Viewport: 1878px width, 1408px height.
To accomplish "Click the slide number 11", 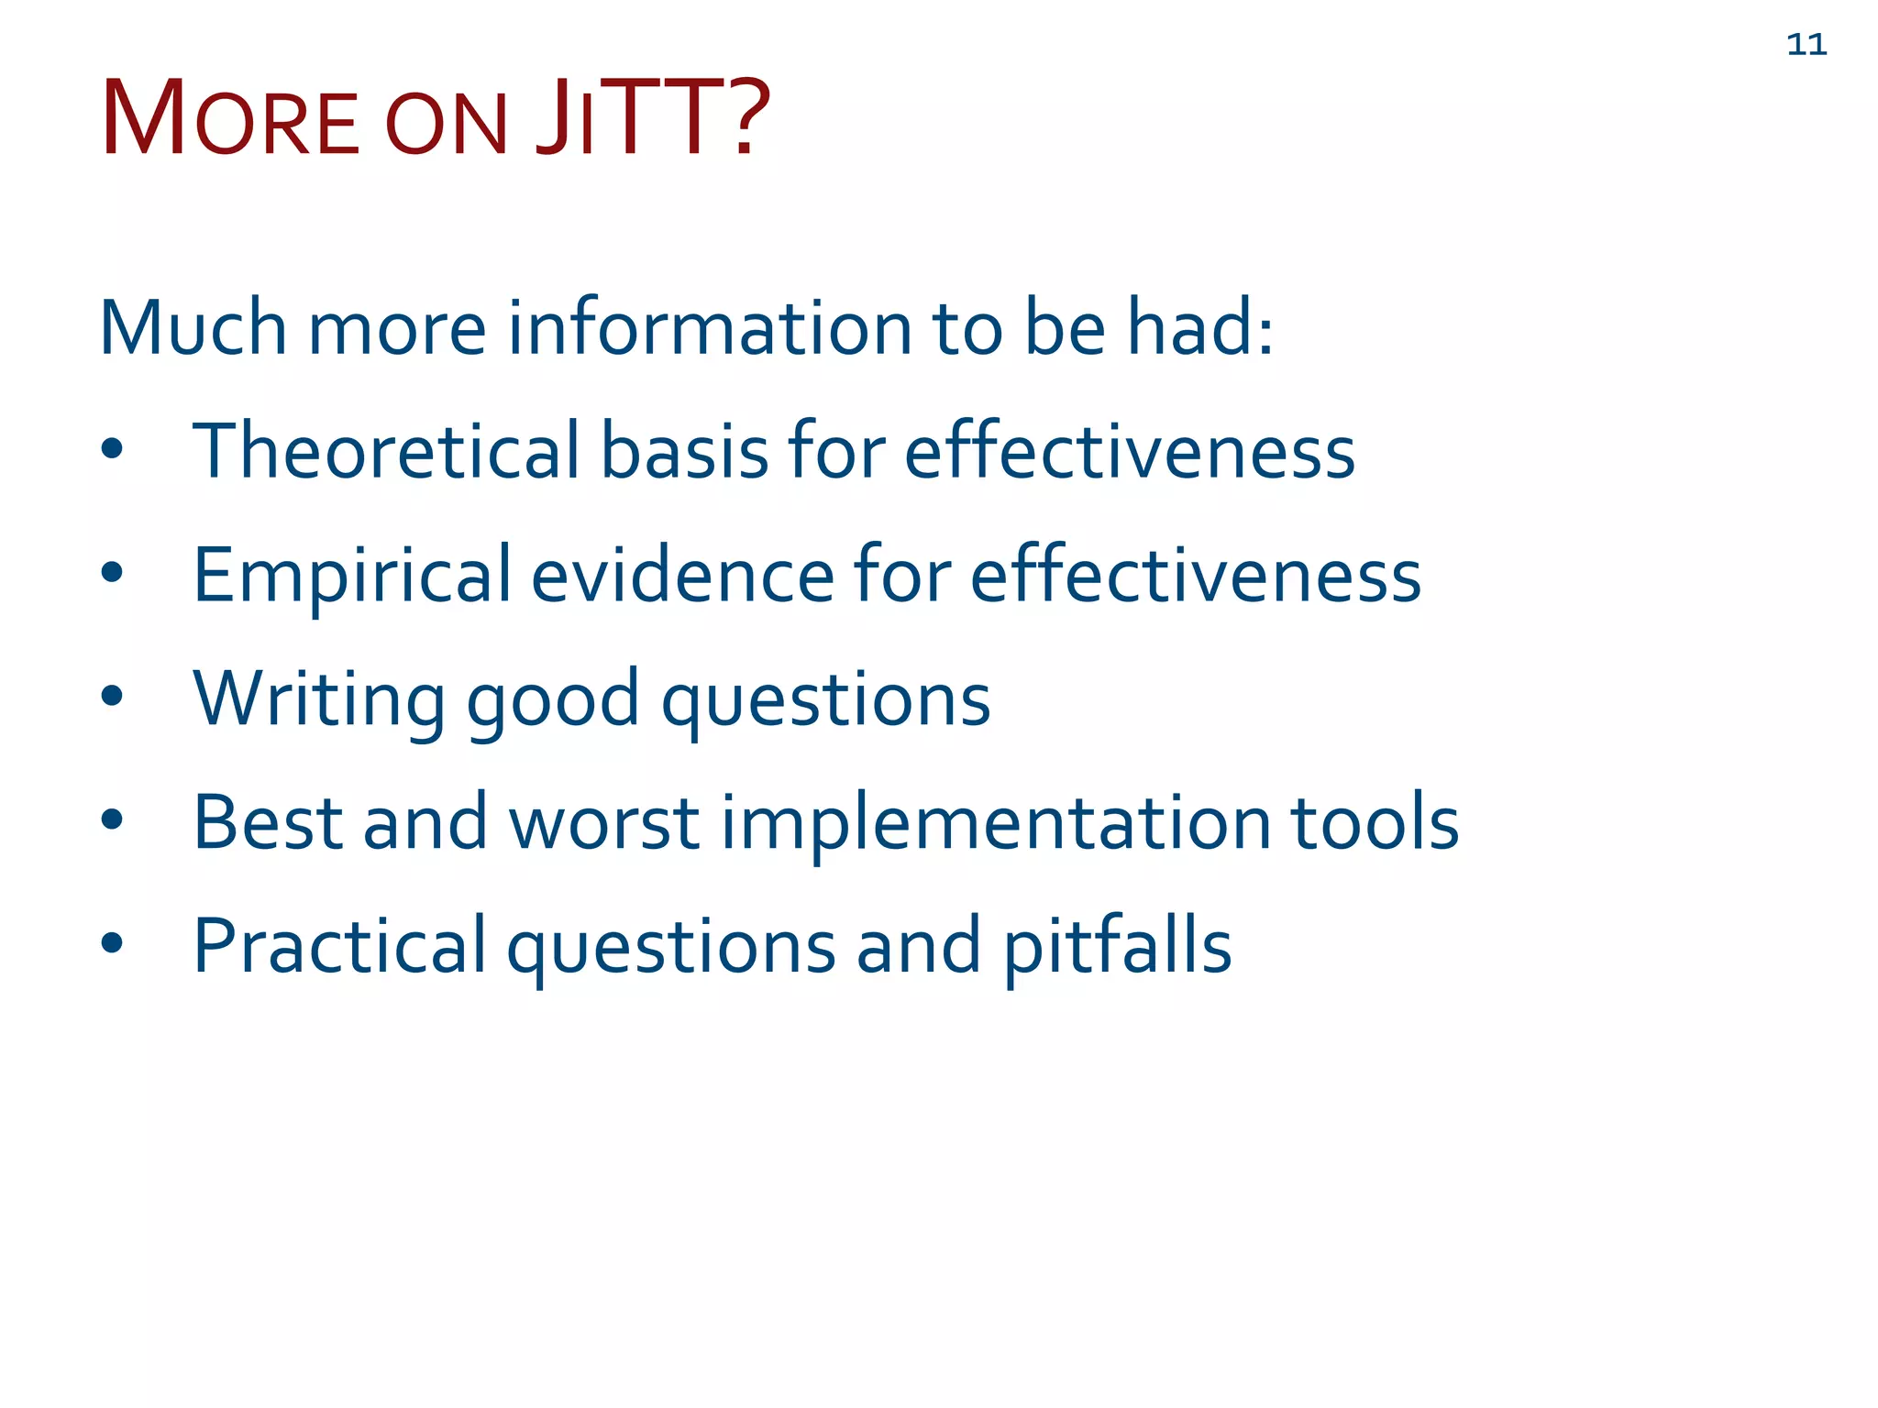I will [x=1806, y=45].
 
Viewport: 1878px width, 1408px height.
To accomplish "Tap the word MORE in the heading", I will [x=229, y=120].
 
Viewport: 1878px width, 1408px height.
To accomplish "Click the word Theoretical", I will [x=386, y=451].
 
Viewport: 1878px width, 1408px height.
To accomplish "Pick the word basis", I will [x=684, y=451].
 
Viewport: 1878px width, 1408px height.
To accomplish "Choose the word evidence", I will [x=682, y=576].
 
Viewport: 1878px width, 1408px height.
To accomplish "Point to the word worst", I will [x=604, y=822].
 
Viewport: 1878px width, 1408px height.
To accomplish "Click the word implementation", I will [x=996, y=822].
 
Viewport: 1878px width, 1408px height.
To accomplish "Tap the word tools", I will [x=1375, y=822].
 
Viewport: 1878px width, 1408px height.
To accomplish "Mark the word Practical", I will [x=339, y=946].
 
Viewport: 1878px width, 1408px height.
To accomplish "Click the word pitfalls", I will [x=1117, y=946].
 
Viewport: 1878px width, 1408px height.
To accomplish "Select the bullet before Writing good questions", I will [x=112, y=696].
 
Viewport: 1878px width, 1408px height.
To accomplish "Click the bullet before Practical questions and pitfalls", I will [x=112, y=943].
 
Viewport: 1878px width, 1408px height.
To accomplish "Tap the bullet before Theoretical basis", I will [x=112, y=448].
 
